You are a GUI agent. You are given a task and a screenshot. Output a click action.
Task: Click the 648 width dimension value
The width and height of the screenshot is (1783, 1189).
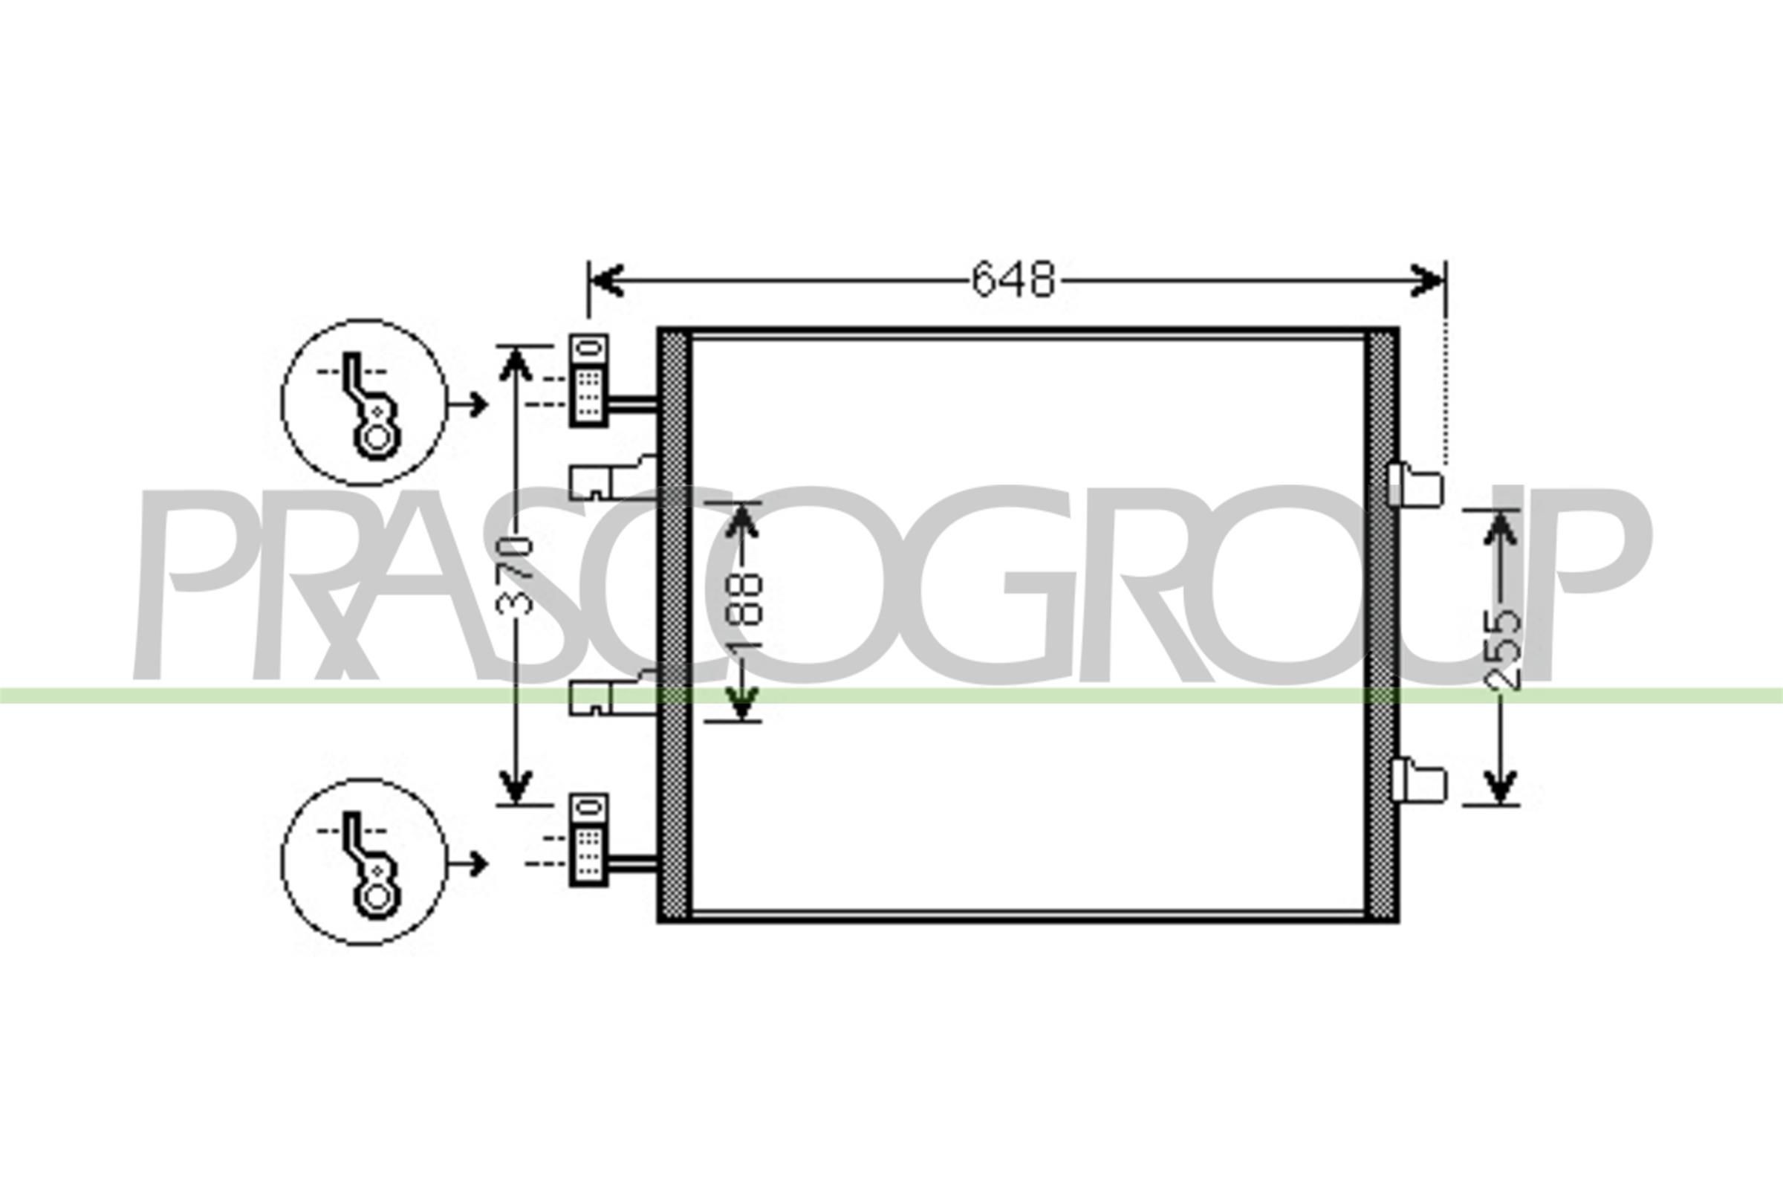(1013, 279)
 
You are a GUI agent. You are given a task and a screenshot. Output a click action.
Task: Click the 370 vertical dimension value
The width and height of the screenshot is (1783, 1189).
(515, 573)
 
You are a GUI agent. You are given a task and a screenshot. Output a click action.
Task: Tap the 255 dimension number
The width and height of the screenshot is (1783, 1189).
(1501, 651)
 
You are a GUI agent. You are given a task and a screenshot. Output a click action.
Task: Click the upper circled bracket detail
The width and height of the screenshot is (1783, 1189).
(364, 402)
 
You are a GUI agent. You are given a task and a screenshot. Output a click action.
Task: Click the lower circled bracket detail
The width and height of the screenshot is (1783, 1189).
(364, 861)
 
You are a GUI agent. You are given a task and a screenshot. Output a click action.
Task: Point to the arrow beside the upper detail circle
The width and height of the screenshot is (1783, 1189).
(469, 405)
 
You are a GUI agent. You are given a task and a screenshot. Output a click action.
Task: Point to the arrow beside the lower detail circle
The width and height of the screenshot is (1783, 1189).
(469, 864)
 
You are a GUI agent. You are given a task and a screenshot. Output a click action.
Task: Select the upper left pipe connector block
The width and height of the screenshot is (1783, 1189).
(589, 380)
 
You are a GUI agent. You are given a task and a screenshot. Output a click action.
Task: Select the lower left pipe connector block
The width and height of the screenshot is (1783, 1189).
(589, 840)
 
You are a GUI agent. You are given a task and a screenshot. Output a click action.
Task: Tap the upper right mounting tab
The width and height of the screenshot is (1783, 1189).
(1415, 485)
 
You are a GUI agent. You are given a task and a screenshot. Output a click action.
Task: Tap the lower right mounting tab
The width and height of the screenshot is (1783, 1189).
(1417, 781)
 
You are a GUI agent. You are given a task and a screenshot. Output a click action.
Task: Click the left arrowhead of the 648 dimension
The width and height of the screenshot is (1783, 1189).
(606, 281)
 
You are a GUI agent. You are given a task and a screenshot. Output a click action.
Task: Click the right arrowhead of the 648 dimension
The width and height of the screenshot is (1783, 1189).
(1428, 281)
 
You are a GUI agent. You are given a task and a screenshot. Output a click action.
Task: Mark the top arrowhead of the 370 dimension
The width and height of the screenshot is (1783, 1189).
(516, 363)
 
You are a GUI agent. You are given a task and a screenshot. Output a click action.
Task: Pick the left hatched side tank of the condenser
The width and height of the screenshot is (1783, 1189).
(674, 626)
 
